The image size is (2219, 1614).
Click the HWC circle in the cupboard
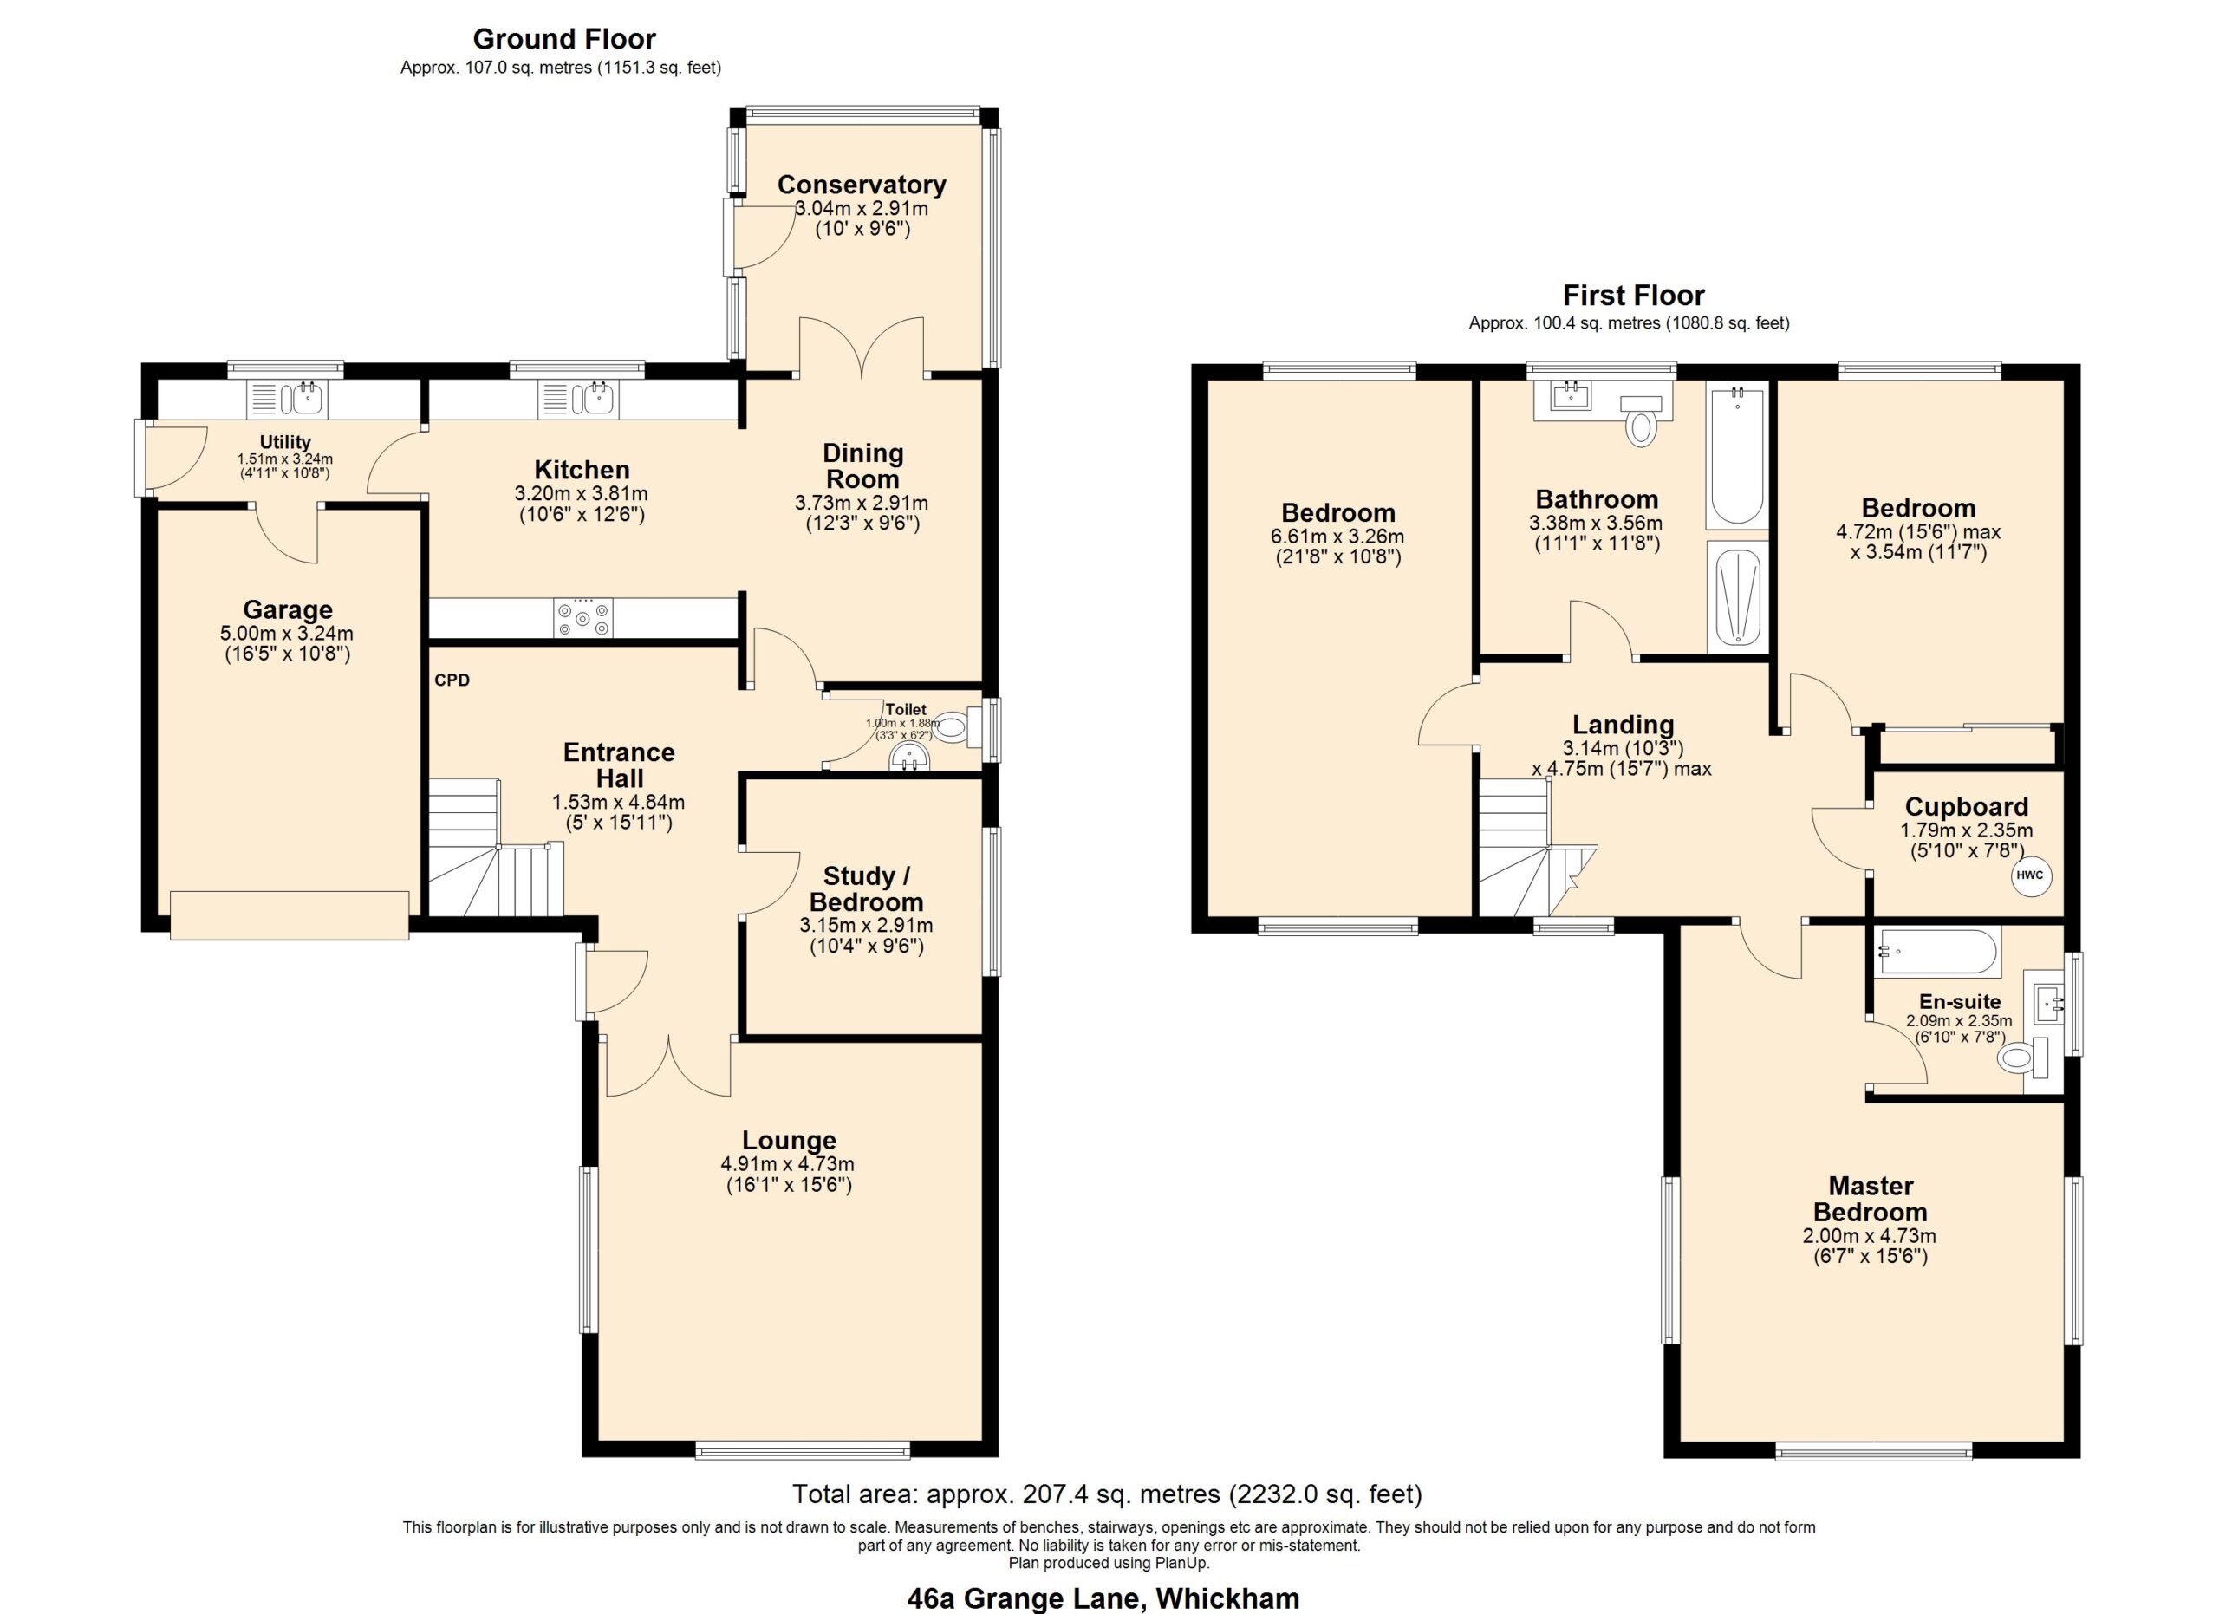tap(2029, 875)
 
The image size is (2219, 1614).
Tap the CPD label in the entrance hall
tap(452, 680)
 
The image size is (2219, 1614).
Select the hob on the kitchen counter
tap(583, 617)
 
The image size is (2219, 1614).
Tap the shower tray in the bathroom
tap(1738, 596)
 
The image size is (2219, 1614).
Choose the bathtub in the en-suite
tap(1937, 953)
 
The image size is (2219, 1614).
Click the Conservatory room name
tap(861, 184)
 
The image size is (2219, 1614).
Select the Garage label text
tap(288, 609)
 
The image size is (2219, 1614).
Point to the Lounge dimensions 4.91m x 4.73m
tap(788, 1164)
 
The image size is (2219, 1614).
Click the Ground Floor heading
tap(564, 39)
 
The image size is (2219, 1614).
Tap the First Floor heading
tap(1633, 295)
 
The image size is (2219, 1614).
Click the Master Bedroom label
tap(1871, 1198)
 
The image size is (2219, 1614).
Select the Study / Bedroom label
tap(866, 888)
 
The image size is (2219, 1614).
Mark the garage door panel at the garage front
tap(290, 915)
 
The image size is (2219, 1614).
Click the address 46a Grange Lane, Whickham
tap(1103, 1598)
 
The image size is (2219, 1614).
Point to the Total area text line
tap(1107, 1494)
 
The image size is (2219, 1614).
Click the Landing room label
tap(1624, 724)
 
